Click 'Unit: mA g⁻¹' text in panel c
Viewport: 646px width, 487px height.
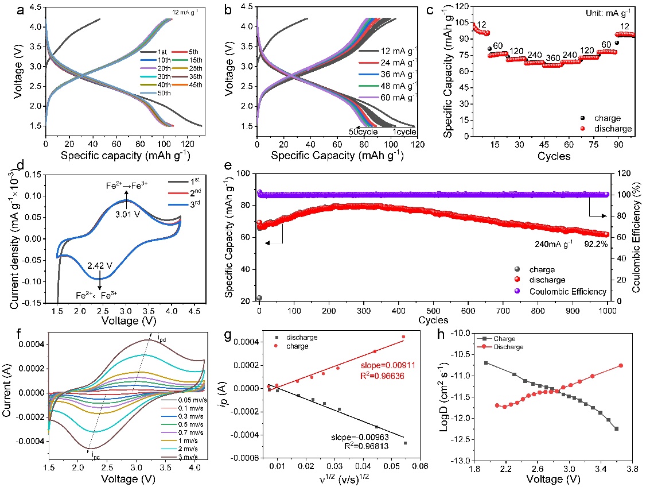coord(610,11)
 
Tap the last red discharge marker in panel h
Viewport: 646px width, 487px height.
coord(621,366)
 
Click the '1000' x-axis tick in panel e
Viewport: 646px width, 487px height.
coord(608,311)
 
